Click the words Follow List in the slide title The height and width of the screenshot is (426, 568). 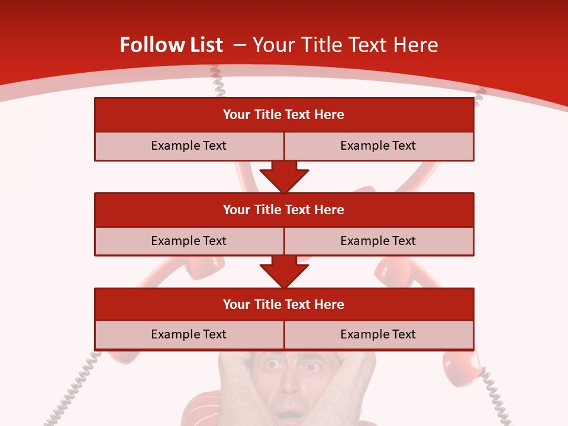[171, 45]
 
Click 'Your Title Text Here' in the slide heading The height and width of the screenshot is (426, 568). [345, 45]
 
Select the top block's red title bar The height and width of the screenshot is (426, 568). [284, 115]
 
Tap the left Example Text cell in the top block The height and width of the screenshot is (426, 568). [189, 146]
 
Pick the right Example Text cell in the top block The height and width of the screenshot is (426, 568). [379, 146]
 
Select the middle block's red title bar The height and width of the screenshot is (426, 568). [284, 209]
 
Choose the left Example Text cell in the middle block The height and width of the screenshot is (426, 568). [189, 241]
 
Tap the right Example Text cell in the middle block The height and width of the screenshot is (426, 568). [379, 241]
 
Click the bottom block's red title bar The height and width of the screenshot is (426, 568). [284, 304]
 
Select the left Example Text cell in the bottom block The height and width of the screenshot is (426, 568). [189, 334]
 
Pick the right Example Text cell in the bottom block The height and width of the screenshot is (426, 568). [379, 334]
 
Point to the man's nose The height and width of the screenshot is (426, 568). [290, 388]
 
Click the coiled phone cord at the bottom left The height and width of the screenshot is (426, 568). [74, 390]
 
